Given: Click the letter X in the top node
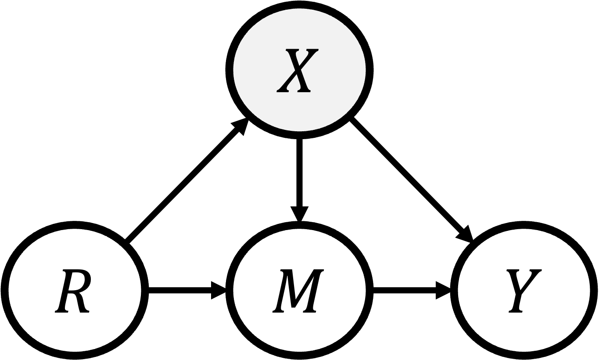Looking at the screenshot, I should pyautogui.click(x=298, y=70).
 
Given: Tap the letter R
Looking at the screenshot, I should pyautogui.click(x=73, y=291).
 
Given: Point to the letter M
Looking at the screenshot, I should pyautogui.click(x=298, y=291).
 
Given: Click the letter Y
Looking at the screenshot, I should pyautogui.click(x=524, y=291).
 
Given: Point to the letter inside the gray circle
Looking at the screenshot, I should pyautogui.click(x=298, y=70).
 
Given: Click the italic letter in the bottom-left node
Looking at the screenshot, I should pyautogui.click(x=73, y=291).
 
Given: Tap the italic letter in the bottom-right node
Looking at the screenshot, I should pyautogui.click(x=524, y=291).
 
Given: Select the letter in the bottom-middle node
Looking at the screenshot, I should pyautogui.click(x=298, y=291).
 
